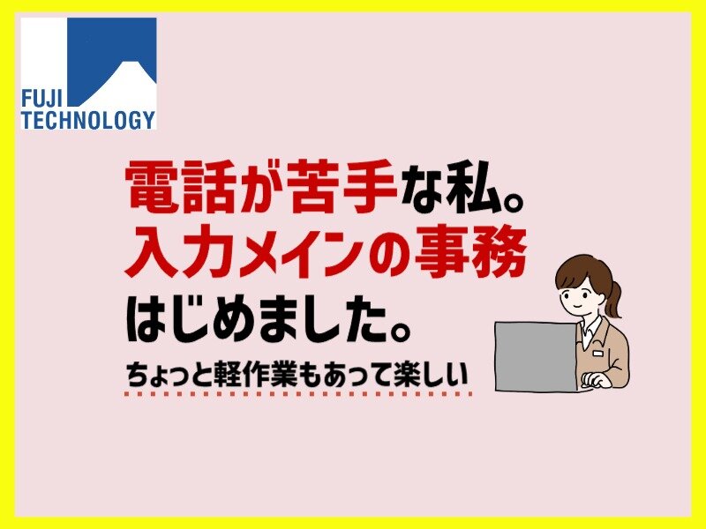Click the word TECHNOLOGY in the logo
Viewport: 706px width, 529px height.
pyautogui.click(x=88, y=120)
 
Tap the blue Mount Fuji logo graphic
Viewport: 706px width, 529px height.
pyautogui.click(x=112, y=62)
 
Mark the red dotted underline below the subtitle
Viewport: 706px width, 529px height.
pyautogui.click(x=298, y=394)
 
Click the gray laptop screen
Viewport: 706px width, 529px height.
pyautogui.click(x=536, y=357)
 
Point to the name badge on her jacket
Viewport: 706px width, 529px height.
pyautogui.click(x=597, y=354)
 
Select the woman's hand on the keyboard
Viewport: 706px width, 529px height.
pyautogui.click(x=595, y=381)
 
